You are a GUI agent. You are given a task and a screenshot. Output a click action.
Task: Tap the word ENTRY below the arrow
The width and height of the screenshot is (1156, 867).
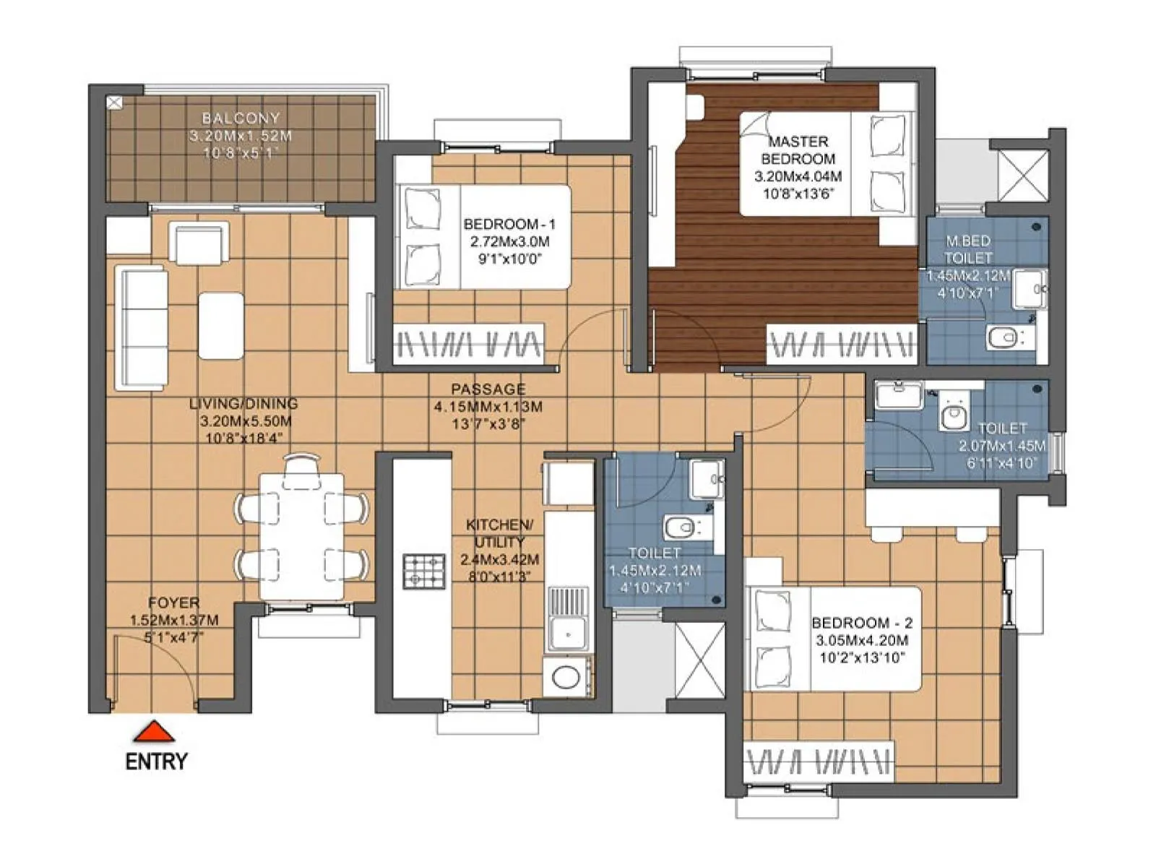tap(156, 762)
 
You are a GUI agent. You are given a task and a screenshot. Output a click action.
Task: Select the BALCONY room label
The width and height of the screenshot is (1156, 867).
tap(241, 118)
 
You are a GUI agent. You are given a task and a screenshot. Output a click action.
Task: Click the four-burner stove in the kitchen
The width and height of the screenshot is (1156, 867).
tap(424, 571)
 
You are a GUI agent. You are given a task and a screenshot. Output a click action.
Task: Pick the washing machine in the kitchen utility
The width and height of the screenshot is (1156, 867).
tap(568, 677)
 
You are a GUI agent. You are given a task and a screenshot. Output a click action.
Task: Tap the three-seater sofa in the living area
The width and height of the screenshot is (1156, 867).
tap(141, 329)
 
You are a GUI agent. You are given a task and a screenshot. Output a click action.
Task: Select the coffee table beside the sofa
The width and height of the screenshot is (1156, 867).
tap(220, 325)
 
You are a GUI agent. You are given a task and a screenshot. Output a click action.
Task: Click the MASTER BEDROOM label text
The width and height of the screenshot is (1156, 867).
tap(798, 150)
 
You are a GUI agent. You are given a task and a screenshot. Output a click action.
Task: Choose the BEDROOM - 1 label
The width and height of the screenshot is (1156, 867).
tap(509, 225)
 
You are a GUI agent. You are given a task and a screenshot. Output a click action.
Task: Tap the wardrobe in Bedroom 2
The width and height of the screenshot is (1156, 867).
tap(819, 762)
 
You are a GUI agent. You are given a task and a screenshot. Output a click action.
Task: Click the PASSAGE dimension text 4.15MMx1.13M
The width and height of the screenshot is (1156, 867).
tap(488, 407)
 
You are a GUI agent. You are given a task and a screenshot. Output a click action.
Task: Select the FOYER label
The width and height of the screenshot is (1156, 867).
tap(173, 603)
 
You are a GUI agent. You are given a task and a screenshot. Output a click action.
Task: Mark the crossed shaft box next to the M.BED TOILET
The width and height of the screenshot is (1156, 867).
tap(1022, 174)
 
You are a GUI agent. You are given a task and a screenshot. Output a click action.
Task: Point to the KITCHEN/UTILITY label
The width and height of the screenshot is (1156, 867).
tap(499, 533)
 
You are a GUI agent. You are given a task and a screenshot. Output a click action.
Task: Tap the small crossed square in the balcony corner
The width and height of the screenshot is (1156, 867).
tap(114, 103)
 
